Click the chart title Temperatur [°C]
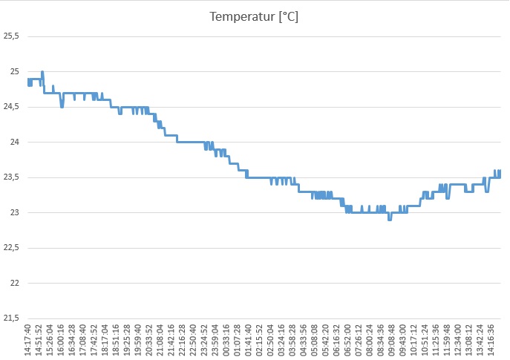[254, 16]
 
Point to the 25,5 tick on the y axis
[11, 36]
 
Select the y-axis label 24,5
[11, 107]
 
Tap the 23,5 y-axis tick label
[11, 177]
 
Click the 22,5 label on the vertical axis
[11, 248]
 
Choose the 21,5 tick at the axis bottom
[11, 318]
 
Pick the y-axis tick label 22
[15, 283]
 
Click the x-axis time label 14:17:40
[28, 340]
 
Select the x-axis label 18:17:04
[105, 340]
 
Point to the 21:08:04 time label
[160, 340]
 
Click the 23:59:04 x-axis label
[215, 340]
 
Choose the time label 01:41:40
[248, 340]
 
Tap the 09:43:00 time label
[402, 340]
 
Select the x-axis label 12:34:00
[457, 340]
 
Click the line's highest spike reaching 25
[42, 72]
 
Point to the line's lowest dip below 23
[389, 219]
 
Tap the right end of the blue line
[500, 172]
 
